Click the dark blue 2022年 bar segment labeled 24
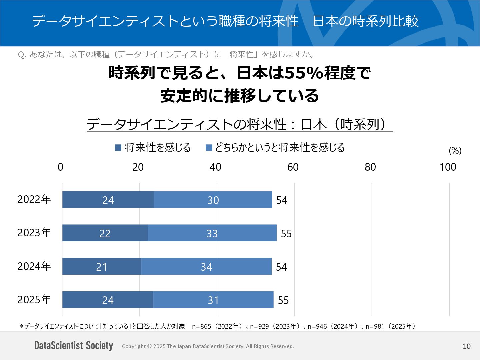(x=108, y=200)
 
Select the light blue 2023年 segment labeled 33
(x=212, y=233)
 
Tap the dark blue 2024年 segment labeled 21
(x=102, y=266)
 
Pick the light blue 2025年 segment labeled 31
(x=213, y=300)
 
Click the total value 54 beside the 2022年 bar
(x=282, y=200)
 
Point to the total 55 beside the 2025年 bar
(x=283, y=300)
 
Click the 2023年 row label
(x=34, y=232)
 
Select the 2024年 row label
(x=34, y=266)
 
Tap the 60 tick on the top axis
(x=293, y=167)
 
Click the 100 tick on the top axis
(x=448, y=167)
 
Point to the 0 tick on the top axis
(x=60, y=167)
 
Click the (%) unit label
(x=455, y=151)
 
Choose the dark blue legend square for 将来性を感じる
(x=118, y=148)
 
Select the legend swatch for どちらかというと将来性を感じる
(x=209, y=148)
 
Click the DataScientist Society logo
(x=74, y=346)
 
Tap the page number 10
(x=467, y=346)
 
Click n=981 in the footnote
(x=375, y=326)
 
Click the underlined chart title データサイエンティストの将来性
(x=187, y=124)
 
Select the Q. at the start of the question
(x=22, y=54)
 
